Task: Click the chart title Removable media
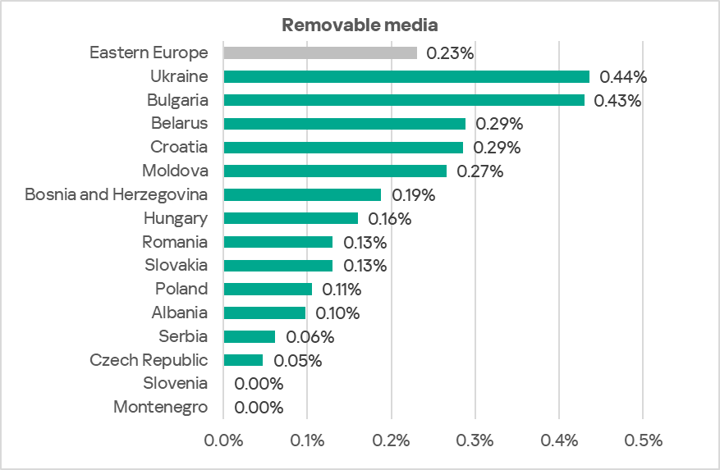point(359,25)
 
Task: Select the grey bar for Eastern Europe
point(320,53)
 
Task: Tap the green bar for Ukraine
point(406,77)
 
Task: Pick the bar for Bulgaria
point(404,100)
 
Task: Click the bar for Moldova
point(335,171)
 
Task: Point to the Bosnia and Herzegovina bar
point(302,195)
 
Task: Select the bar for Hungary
point(291,218)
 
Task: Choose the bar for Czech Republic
point(243,360)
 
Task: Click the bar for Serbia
point(249,336)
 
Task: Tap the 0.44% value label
point(623,77)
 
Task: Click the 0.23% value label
point(451,53)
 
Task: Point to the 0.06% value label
point(310,337)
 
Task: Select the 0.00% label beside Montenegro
point(259,408)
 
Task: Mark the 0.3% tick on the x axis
point(475,440)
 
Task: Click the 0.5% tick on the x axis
point(643,440)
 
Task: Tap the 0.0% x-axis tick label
point(223,440)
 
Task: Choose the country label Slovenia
point(175,383)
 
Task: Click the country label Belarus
point(179,124)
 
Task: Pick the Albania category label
point(179,313)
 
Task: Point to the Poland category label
point(181,289)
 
